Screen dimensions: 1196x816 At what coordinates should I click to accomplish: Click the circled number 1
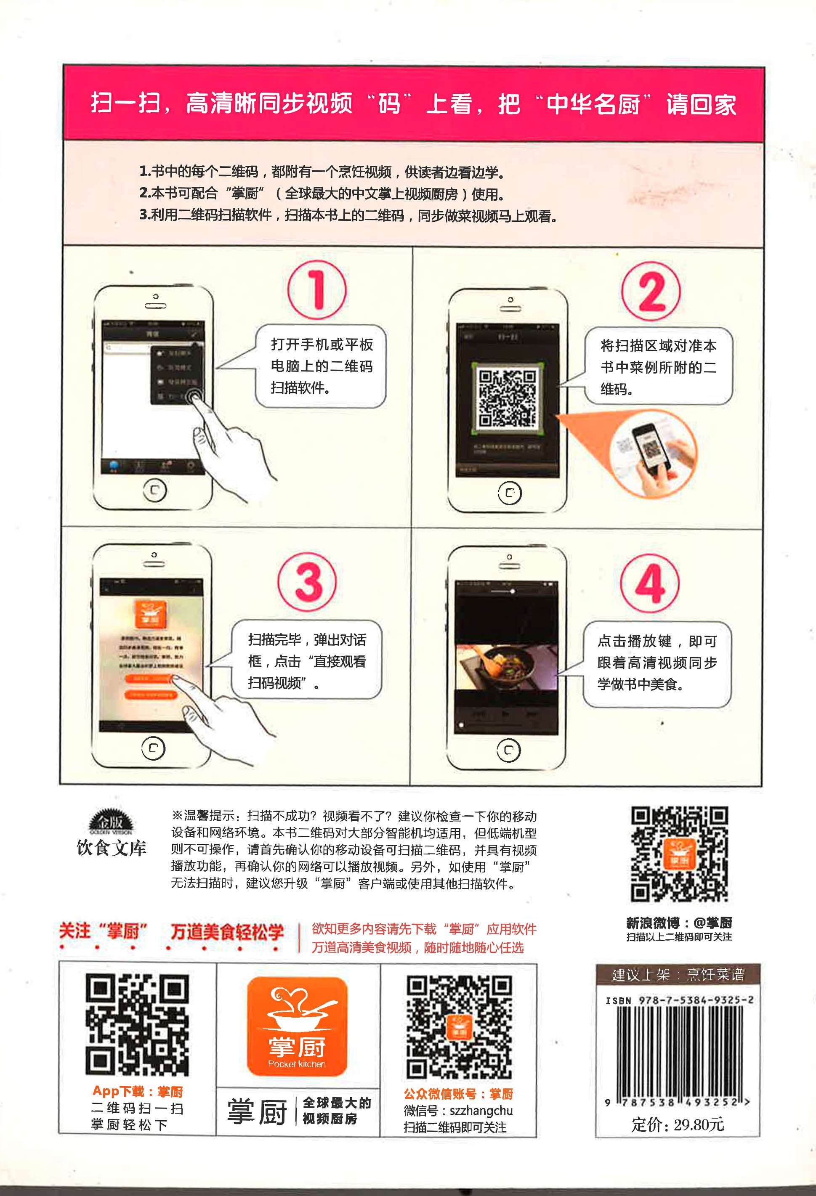point(316,289)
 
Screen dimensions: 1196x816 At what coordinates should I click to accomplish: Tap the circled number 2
point(651,291)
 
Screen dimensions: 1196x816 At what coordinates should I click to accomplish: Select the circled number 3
point(307,582)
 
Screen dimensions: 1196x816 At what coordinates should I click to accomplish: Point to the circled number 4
point(650,583)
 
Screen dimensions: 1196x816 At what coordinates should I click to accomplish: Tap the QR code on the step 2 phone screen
point(507,397)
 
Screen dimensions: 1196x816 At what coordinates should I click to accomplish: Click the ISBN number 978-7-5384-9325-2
point(696,1000)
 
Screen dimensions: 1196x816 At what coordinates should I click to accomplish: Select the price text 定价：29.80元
point(678,1124)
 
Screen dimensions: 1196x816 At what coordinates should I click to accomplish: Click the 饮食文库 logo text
point(111,848)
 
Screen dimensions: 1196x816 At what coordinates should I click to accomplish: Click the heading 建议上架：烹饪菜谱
point(678,974)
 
